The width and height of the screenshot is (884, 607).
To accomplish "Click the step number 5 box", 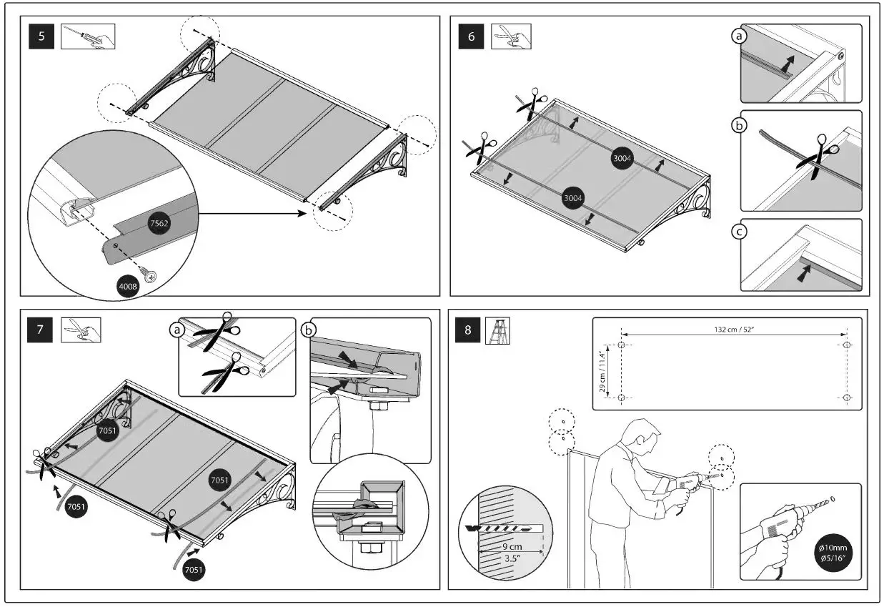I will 41,36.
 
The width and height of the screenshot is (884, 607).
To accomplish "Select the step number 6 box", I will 471,36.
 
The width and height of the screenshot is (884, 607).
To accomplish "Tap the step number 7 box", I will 41,330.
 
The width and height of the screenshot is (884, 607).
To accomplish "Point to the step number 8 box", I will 468,330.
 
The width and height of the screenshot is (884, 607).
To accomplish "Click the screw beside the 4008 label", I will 150,274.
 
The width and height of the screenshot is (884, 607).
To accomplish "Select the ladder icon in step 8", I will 497,331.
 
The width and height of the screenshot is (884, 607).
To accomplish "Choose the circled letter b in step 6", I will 740,124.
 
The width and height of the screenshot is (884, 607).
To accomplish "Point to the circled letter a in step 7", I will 175,330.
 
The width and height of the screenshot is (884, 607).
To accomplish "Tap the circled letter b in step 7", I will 309,330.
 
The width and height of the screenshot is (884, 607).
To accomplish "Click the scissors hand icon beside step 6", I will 511,36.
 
